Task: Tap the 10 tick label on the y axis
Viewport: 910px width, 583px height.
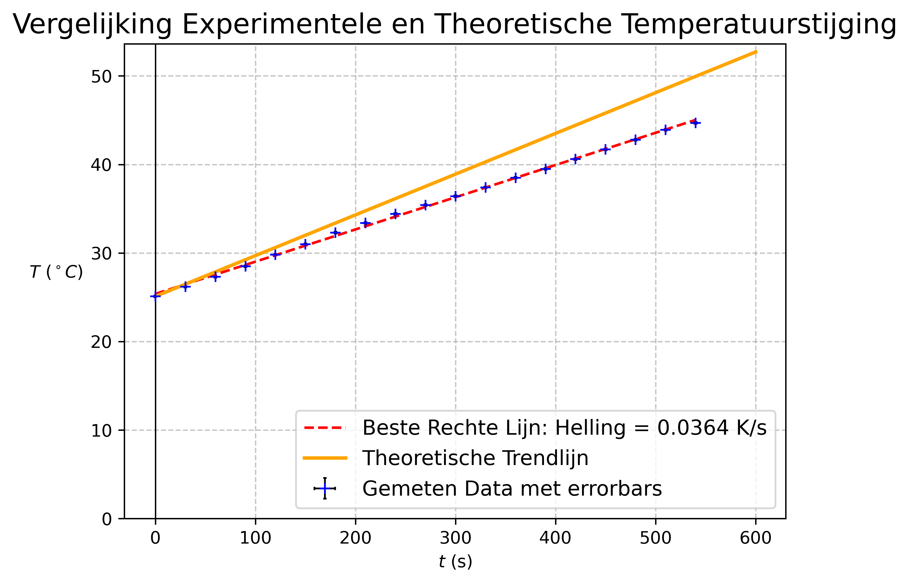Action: pos(101,431)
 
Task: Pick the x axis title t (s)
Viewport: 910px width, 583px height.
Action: pos(455,561)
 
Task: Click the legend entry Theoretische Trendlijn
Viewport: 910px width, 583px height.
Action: pos(475,458)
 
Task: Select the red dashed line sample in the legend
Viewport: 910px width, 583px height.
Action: pos(325,428)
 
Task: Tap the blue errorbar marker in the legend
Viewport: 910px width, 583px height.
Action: pos(325,488)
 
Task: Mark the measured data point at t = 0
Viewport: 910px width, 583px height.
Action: pos(155,296)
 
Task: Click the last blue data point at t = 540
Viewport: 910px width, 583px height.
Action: pos(695,123)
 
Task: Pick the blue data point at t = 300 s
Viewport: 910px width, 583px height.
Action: pos(455,196)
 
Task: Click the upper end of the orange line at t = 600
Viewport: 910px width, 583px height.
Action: pos(756,52)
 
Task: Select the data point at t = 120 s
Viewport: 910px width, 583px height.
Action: pos(276,254)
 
